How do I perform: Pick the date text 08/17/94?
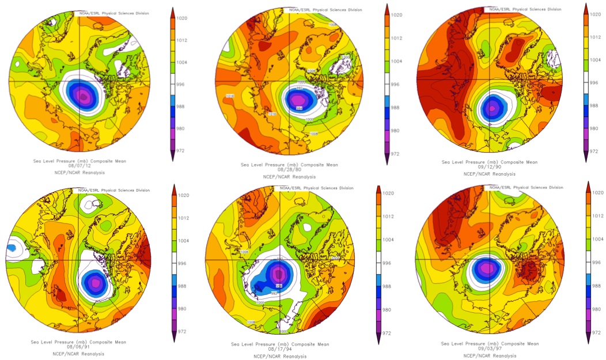click(x=280, y=350)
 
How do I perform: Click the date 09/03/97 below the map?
click(x=491, y=350)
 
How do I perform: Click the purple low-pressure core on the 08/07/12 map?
click(x=84, y=96)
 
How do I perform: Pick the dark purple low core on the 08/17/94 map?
click(x=279, y=273)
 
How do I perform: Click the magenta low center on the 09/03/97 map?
click(x=487, y=267)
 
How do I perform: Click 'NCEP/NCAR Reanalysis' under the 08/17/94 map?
click(x=280, y=356)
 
